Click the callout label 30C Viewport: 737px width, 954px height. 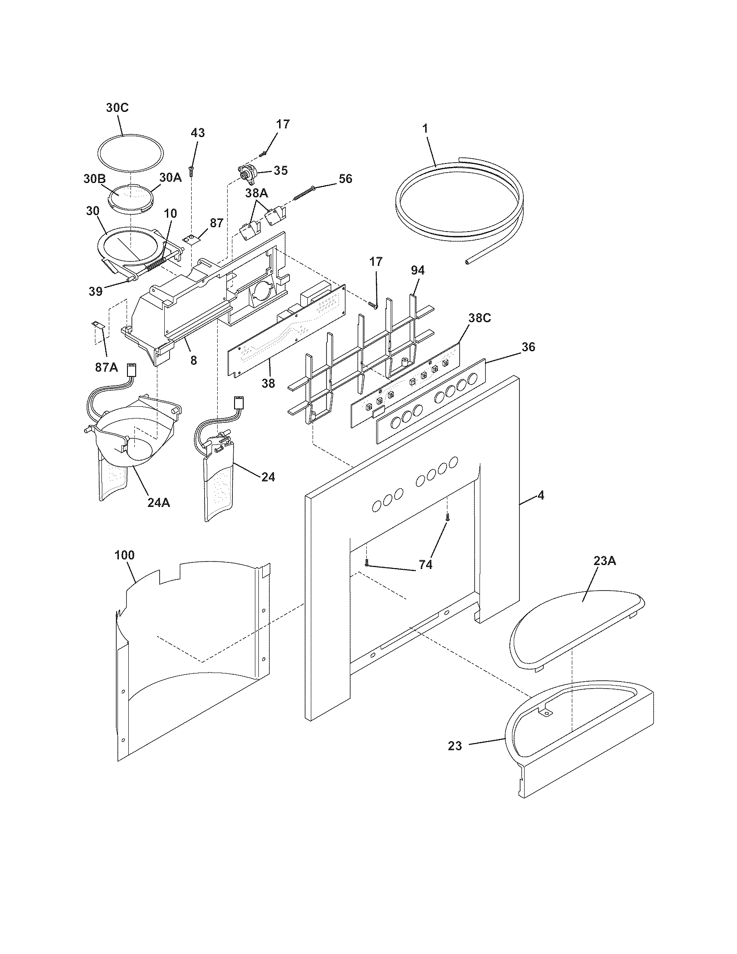pyautogui.click(x=117, y=108)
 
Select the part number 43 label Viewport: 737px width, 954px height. pyautogui.click(x=197, y=133)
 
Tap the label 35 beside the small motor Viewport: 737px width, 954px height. pyautogui.click(x=280, y=170)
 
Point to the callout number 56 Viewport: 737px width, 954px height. pyautogui.click(x=345, y=179)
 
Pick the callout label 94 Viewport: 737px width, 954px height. pyautogui.click(x=417, y=271)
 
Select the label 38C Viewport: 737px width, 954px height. pyautogui.click(x=479, y=318)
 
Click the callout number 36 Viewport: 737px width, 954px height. pyautogui.click(x=528, y=347)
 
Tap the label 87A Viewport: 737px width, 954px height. pyautogui.click(x=107, y=367)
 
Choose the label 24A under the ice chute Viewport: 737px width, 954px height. pyautogui.click(x=158, y=503)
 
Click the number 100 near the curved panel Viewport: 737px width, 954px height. pyautogui.click(x=124, y=555)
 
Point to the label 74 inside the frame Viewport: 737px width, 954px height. pyautogui.click(x=425, y=565)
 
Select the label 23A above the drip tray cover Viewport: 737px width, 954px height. pyautogui.click(x=604, y=561)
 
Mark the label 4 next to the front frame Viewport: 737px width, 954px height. pyautogui.click(x=541, y=495)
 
